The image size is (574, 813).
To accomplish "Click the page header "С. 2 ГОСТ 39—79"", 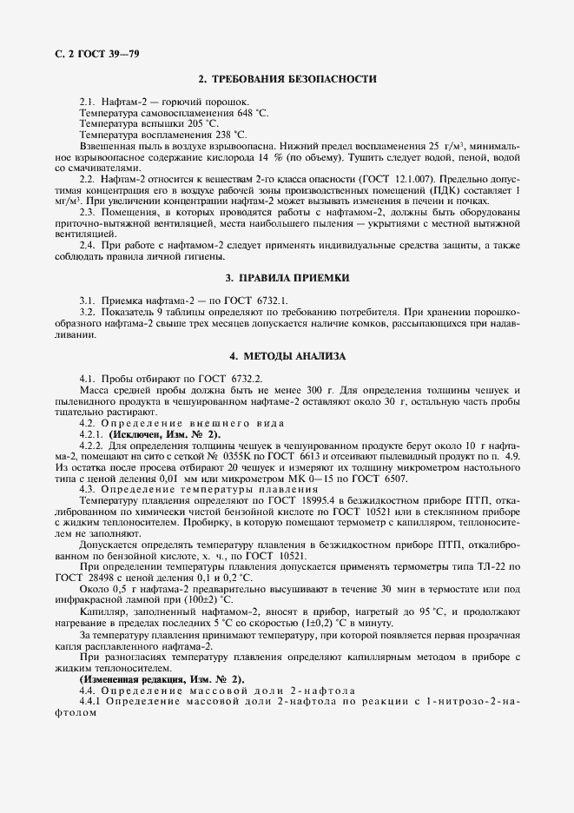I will coord(90,53).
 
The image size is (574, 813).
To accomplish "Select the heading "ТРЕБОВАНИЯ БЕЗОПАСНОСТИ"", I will coord(294,80).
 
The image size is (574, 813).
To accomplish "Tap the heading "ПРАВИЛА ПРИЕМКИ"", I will coord(294,278).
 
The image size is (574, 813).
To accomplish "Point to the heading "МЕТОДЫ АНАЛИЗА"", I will coord(294,357).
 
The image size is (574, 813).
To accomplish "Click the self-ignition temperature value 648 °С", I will coord(230,113).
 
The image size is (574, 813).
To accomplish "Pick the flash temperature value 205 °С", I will coord(201,124).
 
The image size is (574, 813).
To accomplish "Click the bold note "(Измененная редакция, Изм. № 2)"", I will coord(162,678).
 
